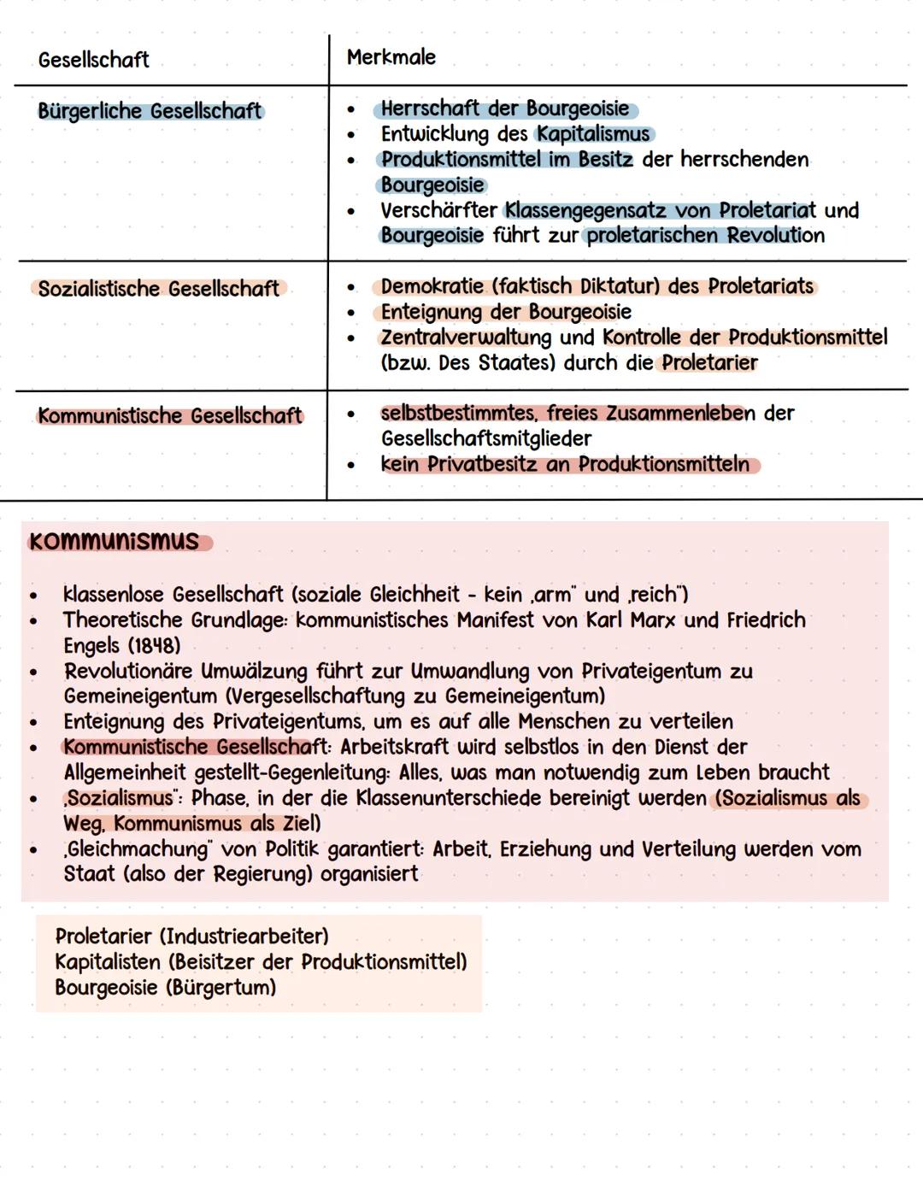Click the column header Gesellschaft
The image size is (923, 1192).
pyautogui.click(x=93, y=60)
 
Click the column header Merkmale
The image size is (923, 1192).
pyautogui.click(x=391, y=57)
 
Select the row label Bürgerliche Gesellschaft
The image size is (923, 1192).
pyautogui.click(x=150, y=111)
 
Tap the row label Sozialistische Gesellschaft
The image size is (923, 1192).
pyautogui.click(x=158, y=289)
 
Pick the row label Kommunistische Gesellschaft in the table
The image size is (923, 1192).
pyautogui.click(x=169, y=416)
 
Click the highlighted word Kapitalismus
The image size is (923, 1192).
pyautogui.click(x=593, y=134)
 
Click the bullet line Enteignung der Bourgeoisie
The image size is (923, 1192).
pyautogui.click(x=506, y=312)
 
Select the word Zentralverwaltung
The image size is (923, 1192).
pyautogui.click(x=466, y=338)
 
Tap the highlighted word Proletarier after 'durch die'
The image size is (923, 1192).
pyautogui.click(x=709, y=363)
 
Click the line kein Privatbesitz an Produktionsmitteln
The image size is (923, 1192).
pyautogui.click(x=565, y=465)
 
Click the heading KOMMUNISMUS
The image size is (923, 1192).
pyautogui.click(x=114, y=542)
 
